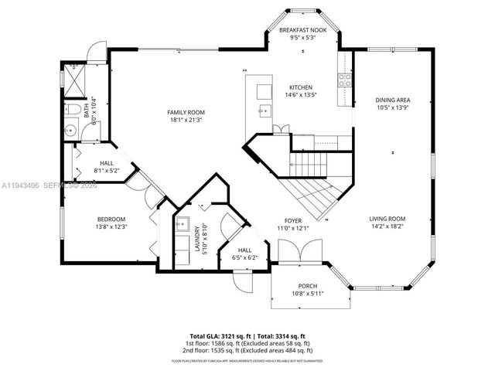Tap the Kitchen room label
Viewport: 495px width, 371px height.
301,87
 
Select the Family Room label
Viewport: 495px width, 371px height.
185,113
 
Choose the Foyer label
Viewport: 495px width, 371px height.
293,220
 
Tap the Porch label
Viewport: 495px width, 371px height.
301,286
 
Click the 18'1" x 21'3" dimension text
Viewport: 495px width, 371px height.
185,120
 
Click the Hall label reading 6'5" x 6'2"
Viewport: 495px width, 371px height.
244,254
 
